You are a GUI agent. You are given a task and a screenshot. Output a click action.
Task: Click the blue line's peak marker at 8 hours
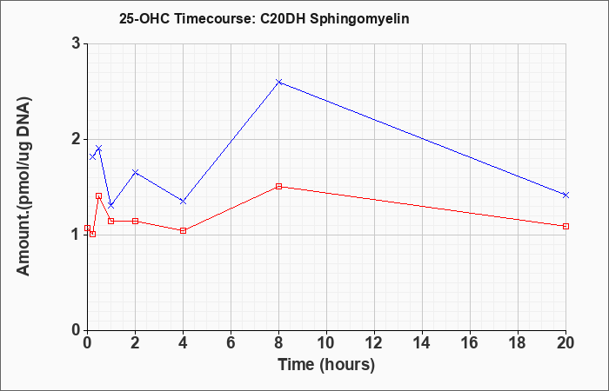(278, 82)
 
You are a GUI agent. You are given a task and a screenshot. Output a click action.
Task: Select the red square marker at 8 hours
(278, 186)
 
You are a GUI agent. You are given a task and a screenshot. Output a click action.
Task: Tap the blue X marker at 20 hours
(565, 195)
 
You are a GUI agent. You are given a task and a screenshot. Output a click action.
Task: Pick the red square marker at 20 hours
(565, 226)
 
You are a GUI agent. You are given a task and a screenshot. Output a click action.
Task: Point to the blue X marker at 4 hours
(183, 202)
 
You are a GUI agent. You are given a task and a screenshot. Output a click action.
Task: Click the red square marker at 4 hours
(183, 230)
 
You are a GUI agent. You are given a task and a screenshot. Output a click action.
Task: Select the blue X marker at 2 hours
(135, 172)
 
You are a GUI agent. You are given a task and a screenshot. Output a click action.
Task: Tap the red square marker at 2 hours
(135, 221)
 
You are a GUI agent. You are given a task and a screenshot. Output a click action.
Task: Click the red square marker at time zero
(87, 228)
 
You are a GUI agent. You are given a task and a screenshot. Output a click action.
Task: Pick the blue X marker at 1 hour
(111, 205)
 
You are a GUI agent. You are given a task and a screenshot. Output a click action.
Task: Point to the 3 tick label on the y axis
(77, 43)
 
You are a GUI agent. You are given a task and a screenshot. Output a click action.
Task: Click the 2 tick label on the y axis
(77, 139)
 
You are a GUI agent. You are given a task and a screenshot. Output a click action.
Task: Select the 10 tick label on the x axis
(326, 343)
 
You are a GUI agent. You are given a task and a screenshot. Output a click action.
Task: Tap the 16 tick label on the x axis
(470, 343)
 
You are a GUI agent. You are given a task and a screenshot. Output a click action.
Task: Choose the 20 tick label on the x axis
(565, 343)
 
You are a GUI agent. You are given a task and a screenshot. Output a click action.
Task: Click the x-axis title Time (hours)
(326, 365)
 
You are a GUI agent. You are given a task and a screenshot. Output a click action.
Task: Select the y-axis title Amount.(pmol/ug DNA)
(24, 187)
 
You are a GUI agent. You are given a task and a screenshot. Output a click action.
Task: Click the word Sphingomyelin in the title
(359, 19)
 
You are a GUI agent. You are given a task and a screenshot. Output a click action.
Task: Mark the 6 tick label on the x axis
(231, 343)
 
